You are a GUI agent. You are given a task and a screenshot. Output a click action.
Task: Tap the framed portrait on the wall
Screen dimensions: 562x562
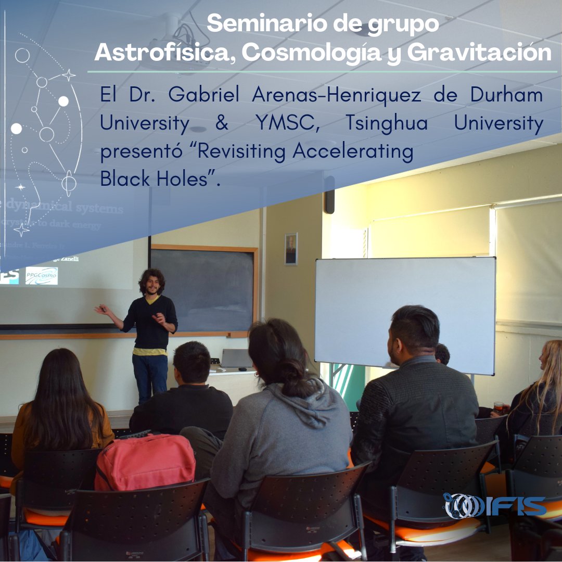[x=291, y=249]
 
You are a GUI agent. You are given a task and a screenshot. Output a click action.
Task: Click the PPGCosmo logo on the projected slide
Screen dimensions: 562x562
[x=42, y=275]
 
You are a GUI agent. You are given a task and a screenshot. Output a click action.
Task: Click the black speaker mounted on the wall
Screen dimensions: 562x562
[x=329, y=195]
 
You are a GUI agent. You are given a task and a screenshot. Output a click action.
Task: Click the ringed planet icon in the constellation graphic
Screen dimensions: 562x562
[x=69, y=183]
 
